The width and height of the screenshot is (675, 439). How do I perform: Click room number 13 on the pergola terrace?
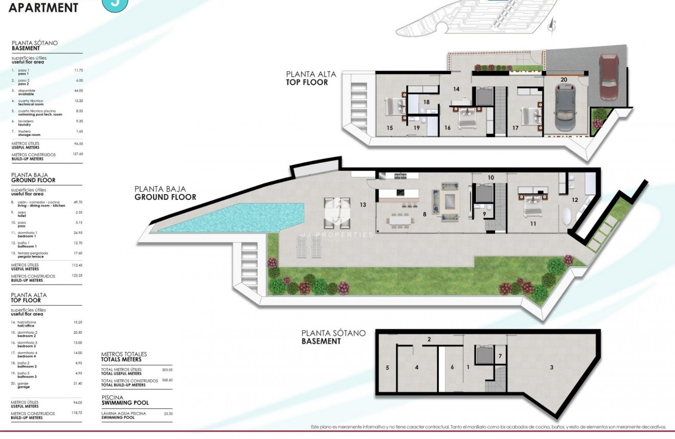tap(363, 204)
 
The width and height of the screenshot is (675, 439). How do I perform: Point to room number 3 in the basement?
tap(551, 367)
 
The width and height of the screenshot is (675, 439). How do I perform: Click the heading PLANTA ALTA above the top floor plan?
tap(311, 74)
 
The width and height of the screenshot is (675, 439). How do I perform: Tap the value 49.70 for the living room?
tap(78, 202)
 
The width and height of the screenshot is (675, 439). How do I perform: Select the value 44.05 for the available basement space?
tap(78, 90)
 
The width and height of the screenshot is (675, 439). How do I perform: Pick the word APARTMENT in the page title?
tap(43, 8)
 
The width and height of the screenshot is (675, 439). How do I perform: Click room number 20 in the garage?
tap(564, 79)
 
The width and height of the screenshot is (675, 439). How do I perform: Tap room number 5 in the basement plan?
tap(388, 367)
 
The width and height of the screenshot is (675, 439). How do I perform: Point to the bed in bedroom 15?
tap(394, 106)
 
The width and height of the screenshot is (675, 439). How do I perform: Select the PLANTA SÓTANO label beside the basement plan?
tap(333, 333)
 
